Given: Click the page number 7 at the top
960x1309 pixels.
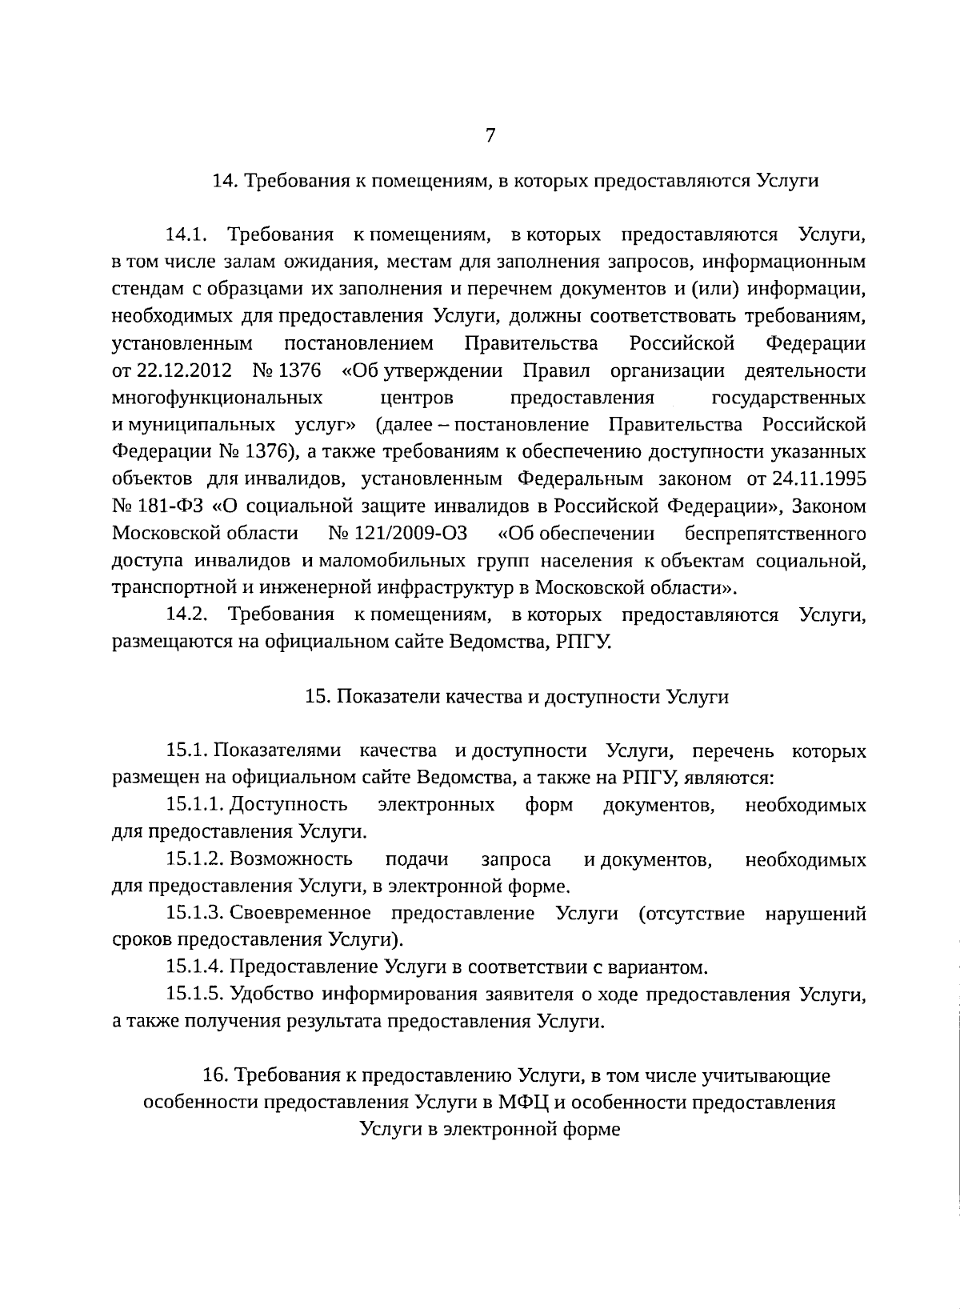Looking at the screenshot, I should tap(490, 136).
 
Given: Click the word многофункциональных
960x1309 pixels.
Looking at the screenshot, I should tap(218, 398).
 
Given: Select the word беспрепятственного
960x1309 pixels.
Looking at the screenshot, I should tap(774, 534).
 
